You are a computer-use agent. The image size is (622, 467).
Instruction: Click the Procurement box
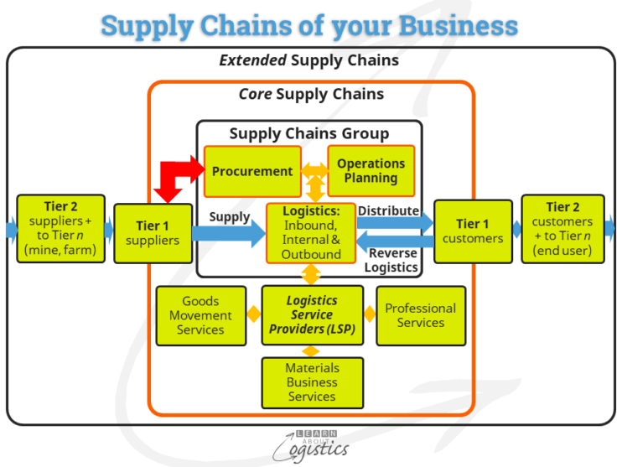click(x=252, y=171)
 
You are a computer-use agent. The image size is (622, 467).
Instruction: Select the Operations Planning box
click(x=371, y=171)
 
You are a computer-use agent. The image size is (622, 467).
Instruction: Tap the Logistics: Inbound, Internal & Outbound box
click(x=311, y=232)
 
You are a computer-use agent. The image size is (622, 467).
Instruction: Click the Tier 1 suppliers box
click(x=152, y=233)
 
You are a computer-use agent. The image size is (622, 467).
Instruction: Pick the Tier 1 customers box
click(x=473, y=231)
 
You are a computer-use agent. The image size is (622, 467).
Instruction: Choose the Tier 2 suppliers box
click(x=60, y=228)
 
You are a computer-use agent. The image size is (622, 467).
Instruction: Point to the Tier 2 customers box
click(x=562, y=228)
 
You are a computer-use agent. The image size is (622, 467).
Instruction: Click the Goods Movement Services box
click(x=200, y=315)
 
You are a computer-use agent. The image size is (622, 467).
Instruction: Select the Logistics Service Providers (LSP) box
click(x=312, y=315)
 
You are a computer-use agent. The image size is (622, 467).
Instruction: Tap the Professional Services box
click(x=421, y=315)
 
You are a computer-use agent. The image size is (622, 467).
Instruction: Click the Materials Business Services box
click(x=312, y=382)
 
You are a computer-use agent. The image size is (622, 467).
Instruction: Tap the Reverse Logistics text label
click(x=391, y=261)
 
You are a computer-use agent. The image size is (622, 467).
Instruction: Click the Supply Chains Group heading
click(x=309, y=133)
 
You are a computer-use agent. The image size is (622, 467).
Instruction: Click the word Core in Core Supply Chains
click(x=255, y=93)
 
